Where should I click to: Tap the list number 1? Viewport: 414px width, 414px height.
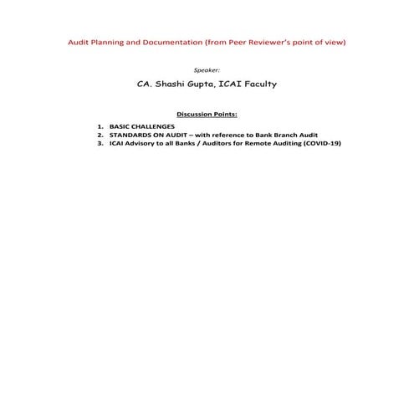coord(100,126)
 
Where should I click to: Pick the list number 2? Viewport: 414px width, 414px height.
coord(100,135)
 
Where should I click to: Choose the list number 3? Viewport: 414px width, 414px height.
coord(100,143)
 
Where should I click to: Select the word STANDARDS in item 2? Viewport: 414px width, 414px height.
coord(129,135)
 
